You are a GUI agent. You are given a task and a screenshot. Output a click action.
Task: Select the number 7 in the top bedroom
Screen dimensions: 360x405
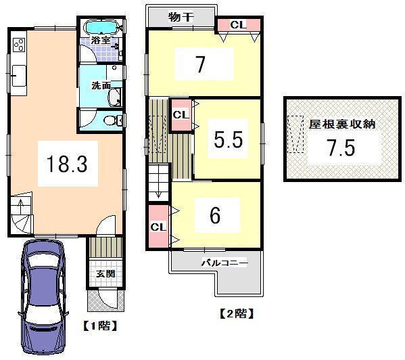pos(200,66)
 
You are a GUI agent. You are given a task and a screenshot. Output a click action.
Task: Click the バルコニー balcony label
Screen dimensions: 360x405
pos(224,263)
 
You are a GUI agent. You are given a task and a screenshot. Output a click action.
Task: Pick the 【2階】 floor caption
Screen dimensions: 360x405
pos(235,314)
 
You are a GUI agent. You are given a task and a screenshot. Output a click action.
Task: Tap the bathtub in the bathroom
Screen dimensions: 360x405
pos(104,27)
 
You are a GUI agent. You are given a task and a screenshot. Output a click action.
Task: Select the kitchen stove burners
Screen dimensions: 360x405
pos(18,45)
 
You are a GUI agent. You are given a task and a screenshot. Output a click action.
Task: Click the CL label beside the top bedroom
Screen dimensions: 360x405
pos(238,25)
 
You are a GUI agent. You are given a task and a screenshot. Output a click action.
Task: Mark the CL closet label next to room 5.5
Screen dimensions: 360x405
pos(179,115)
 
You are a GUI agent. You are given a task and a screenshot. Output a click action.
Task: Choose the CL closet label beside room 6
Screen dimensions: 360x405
pos(156,226)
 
